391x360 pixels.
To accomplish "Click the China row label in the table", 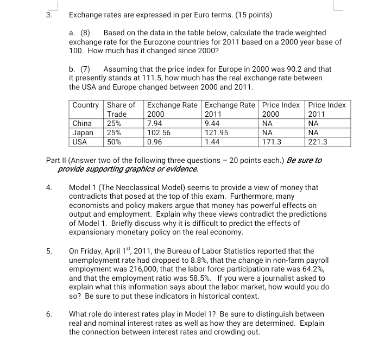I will click(x=83, y=123).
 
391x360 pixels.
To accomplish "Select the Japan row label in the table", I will click(x=83, y=132).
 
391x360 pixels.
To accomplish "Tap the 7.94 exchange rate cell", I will click(x=155, y=123).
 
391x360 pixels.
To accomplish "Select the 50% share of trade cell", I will click(x=115, y=142).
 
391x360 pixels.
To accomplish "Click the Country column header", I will click(x=86, y=105).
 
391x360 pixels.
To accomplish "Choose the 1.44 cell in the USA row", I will click(x=212, y=142).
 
